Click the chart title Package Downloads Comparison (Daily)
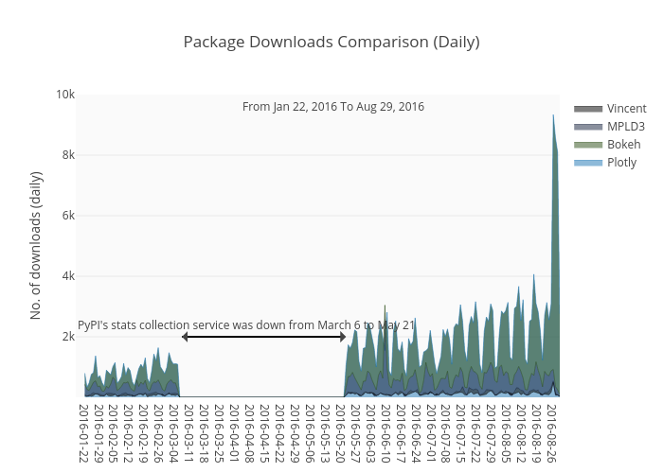click(331, 42)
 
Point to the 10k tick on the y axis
click(65, 95)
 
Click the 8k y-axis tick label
click(68, 155)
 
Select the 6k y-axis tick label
click(68, 216)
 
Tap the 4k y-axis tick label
click(68, 276)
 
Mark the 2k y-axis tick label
click(68, 337)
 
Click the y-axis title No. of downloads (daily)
click(37, 245)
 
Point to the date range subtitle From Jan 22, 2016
click(333, 107)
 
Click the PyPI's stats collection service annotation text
click(246, 325)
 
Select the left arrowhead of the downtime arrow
click(184, 337)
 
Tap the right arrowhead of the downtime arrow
click(343, 337)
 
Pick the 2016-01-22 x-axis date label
click(83, 433)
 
